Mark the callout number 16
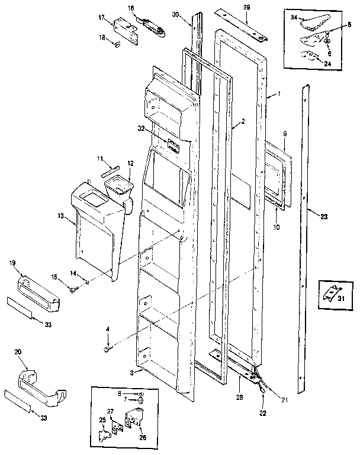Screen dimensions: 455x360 131,8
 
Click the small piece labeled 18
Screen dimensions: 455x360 120,43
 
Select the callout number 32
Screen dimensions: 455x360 141,127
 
